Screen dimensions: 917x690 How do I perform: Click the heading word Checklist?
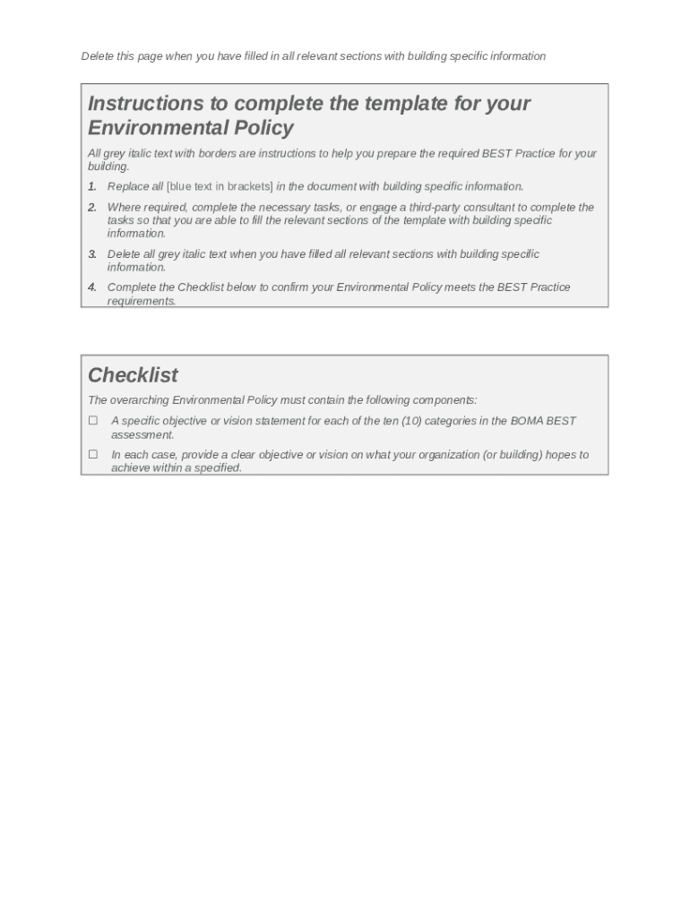(x=133, y=375)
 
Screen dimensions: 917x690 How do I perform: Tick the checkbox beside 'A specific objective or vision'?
(x=92, y=420)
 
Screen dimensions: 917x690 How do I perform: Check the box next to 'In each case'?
(x=92, y=454)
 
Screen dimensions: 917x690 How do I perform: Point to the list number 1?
(x=92, y=186)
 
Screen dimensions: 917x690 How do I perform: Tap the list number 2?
(x=92, y=207)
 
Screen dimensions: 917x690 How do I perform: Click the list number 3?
(x=92, y=254)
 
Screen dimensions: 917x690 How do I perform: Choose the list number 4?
(x=92, y=287)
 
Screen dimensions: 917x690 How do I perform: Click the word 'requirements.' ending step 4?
(x=142, y=301)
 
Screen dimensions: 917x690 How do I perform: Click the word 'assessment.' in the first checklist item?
(x=142, y=434)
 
